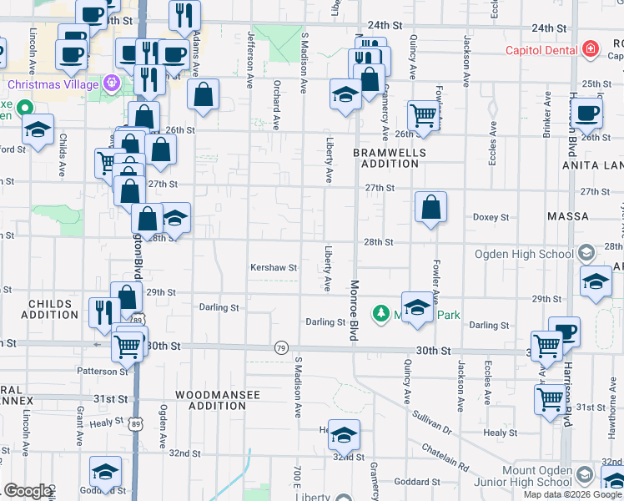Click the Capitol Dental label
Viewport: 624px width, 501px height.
[541, 50]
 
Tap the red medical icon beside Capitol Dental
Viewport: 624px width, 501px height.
[591, 49]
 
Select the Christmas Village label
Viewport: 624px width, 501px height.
[54, 84]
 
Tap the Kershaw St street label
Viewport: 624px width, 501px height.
[274, 268]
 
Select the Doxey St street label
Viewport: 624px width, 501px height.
[491, 217]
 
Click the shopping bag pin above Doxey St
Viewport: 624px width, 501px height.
[430, 208]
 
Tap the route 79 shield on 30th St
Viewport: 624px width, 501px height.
[281, 347]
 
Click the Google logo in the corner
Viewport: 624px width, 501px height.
[28, 491]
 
